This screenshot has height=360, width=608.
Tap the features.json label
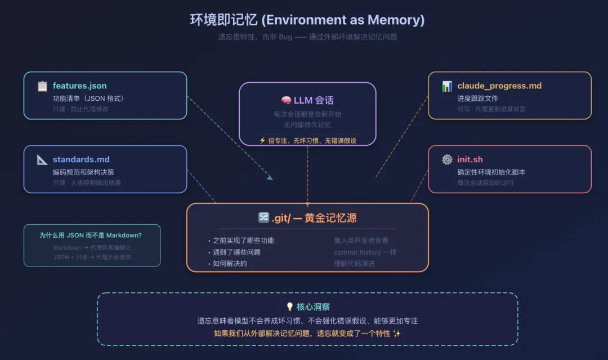[79, 86]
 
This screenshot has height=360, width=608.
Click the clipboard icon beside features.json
[42, 86]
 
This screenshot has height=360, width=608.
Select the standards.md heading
[81, 159]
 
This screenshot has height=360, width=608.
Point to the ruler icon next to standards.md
[42, 159]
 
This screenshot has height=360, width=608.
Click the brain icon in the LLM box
[286, 100]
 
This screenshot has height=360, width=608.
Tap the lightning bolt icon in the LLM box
[262, 140]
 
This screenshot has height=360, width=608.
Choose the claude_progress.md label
[499, 86]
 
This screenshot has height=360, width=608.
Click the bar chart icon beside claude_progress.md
[447, 86]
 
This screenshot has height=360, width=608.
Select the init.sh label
[470, 159]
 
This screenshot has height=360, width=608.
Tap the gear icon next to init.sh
[447, 159]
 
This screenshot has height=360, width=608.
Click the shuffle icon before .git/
[263, 218]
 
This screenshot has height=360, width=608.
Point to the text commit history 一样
[365, 252]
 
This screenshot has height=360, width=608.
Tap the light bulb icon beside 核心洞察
[290, 307]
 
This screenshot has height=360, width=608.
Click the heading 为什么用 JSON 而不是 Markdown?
[91, 235]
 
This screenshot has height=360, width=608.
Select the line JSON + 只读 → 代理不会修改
[92, 257]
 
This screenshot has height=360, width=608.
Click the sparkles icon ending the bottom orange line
[397, 334]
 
